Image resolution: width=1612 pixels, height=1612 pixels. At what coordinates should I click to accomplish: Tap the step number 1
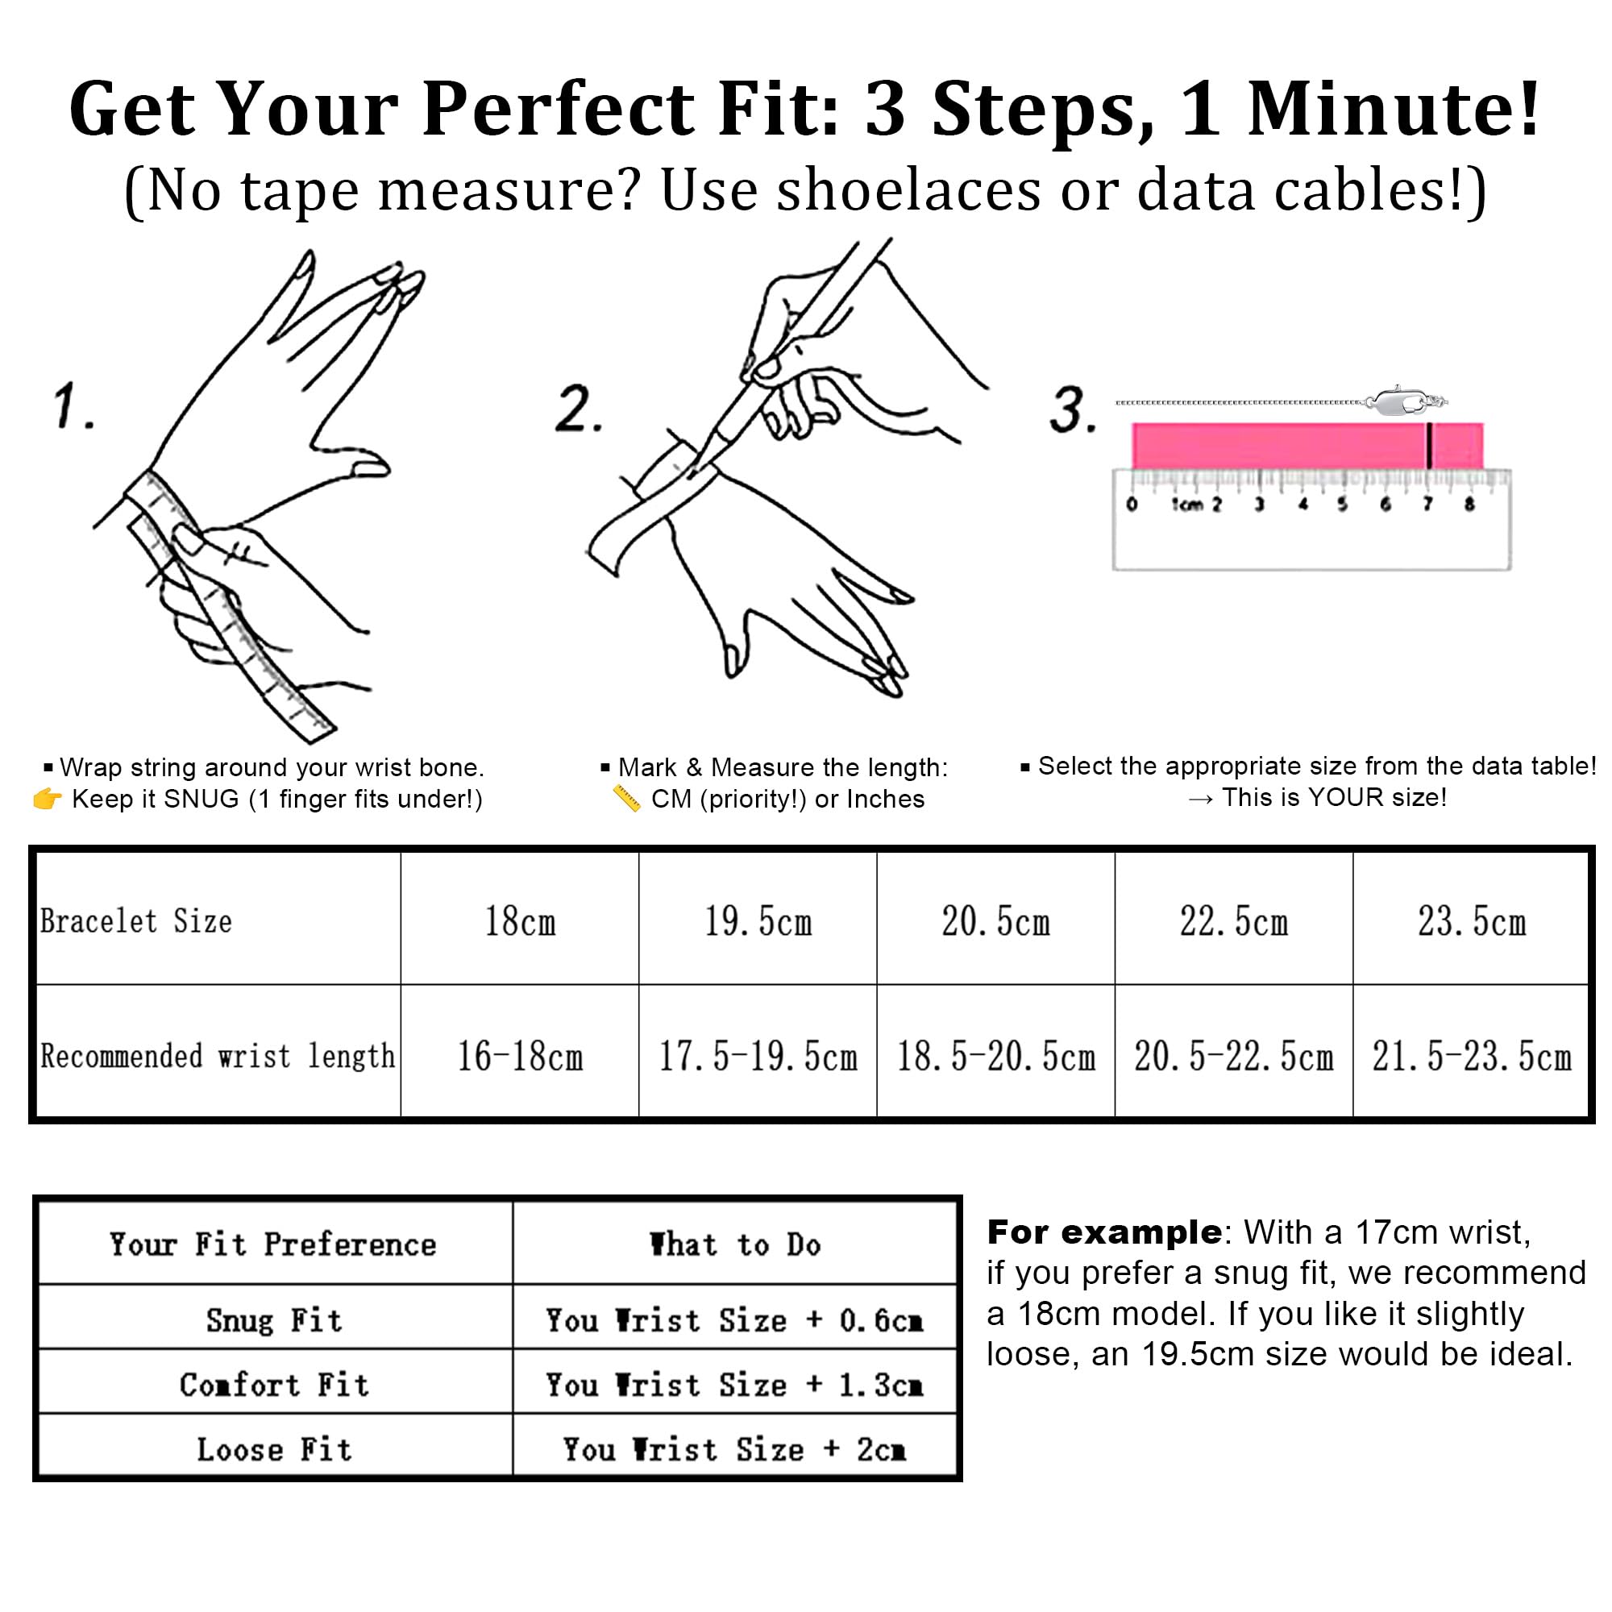coord(73,406)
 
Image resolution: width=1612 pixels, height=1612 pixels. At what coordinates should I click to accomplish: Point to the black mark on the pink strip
coord(1429,446)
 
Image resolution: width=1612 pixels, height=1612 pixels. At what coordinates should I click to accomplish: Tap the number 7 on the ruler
coord(1427,503)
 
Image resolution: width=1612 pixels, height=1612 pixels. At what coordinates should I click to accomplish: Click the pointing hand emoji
coord(47,799)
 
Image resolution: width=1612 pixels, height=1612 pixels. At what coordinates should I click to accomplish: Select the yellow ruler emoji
coord(625,799)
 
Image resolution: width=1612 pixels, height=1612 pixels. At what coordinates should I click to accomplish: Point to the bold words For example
coord(1105,1232)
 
